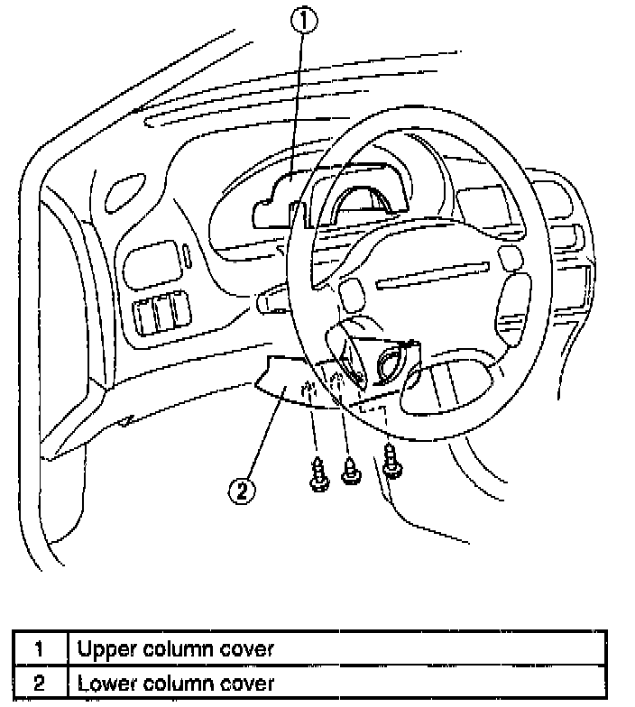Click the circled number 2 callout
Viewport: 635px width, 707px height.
(x=242, y=490)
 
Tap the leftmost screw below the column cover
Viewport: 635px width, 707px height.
(x=318, y=475)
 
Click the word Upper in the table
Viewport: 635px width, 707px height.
(x=102, y=647)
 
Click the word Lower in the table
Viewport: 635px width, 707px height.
(x=102, y=682)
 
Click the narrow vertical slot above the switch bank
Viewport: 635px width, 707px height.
(x=185, y=256)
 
